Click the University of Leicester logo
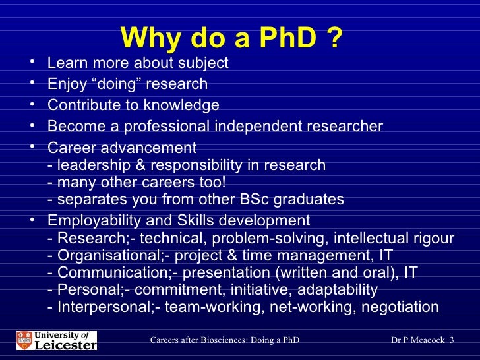57,340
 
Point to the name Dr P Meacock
418,340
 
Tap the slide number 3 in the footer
452,340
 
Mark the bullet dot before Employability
32,220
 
